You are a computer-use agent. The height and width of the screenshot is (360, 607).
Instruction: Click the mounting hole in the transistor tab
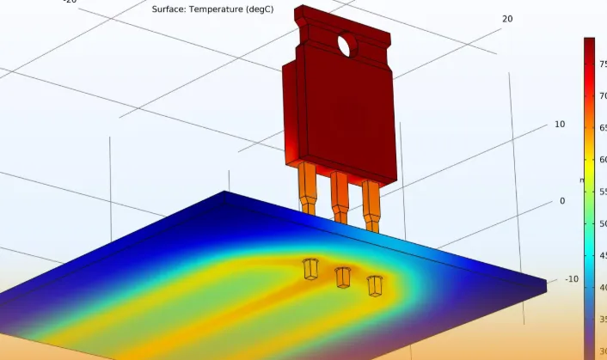click(346, 45)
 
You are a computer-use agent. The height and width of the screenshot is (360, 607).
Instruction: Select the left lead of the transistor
click(307, 189)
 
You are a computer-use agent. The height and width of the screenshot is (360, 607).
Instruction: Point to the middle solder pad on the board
click(342, 277)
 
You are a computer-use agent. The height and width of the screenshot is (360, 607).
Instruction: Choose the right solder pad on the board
click(375, 284)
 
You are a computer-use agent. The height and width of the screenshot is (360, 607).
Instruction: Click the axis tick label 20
click(507, 19)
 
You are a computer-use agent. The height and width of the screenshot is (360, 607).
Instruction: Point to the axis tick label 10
click(560, 125)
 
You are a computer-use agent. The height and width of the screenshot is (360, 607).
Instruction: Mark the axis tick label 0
click(562, 201)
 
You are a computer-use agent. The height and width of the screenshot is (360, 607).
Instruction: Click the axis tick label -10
click(572, 279)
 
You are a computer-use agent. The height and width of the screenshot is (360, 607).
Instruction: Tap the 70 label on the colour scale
click(603, 96)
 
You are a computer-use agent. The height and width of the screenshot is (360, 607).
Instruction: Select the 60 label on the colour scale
click(603, 160)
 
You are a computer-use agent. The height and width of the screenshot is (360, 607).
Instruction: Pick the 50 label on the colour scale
click(603, 223)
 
